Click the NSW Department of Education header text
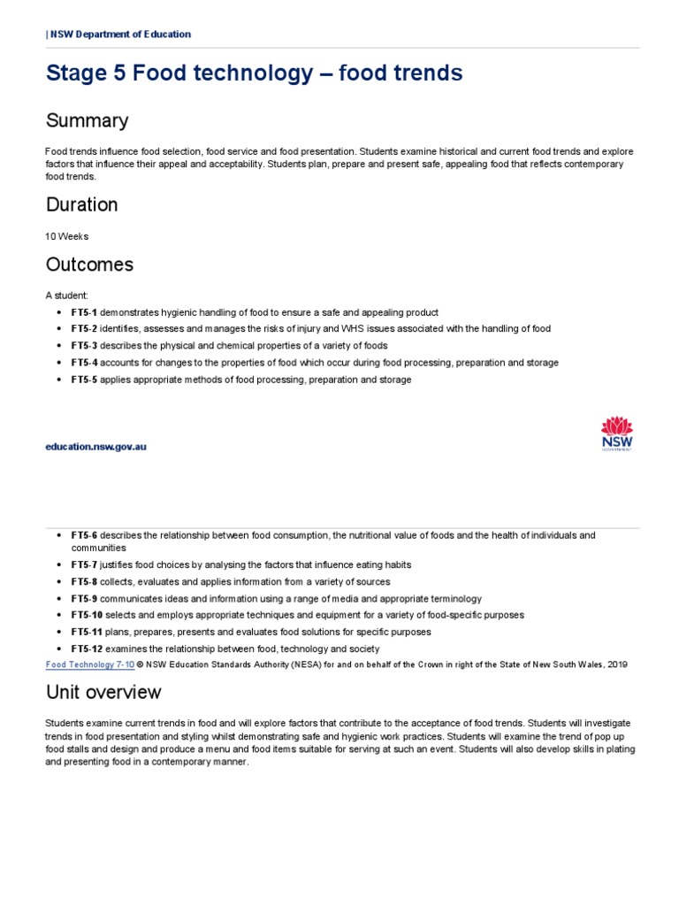click(118, 35)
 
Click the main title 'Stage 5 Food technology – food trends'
click(254, 73)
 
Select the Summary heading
click(87, 120)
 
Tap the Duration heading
click(81, 204)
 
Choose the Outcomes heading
click(89, 265)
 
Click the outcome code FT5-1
click(84, 312)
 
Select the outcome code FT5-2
click(84, 329)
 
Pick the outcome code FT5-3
click(84, 346)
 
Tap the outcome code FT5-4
click(84, 363)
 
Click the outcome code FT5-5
click(84, 380)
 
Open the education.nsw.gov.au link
click(96, 447)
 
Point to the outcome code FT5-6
click(84, 535)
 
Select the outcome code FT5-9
click(84, 598)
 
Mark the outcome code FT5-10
click(87, 615)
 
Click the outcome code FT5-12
click(87, 649)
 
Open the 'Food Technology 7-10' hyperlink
click(89, 664)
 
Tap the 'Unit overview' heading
click(103, 692)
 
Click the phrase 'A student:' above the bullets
click(66, 296)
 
